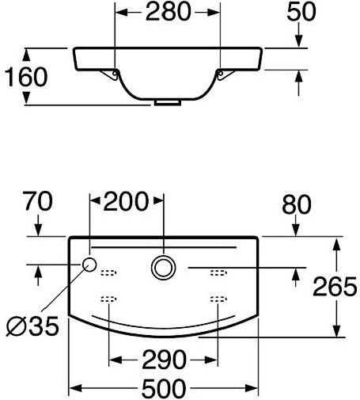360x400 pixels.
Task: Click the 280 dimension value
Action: point(168,12)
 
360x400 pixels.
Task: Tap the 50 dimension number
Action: point(301,12)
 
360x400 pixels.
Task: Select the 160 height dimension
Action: point(26,77)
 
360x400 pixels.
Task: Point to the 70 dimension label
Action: point(38,201)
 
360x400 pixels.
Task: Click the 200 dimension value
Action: point(126,201)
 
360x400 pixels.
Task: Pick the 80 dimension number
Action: point(297,204)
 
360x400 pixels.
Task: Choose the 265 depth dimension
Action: point(335,287)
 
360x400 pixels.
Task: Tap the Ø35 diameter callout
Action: point(32,326)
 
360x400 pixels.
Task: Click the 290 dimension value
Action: point(164,360)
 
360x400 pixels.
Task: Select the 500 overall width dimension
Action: point(164,388)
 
